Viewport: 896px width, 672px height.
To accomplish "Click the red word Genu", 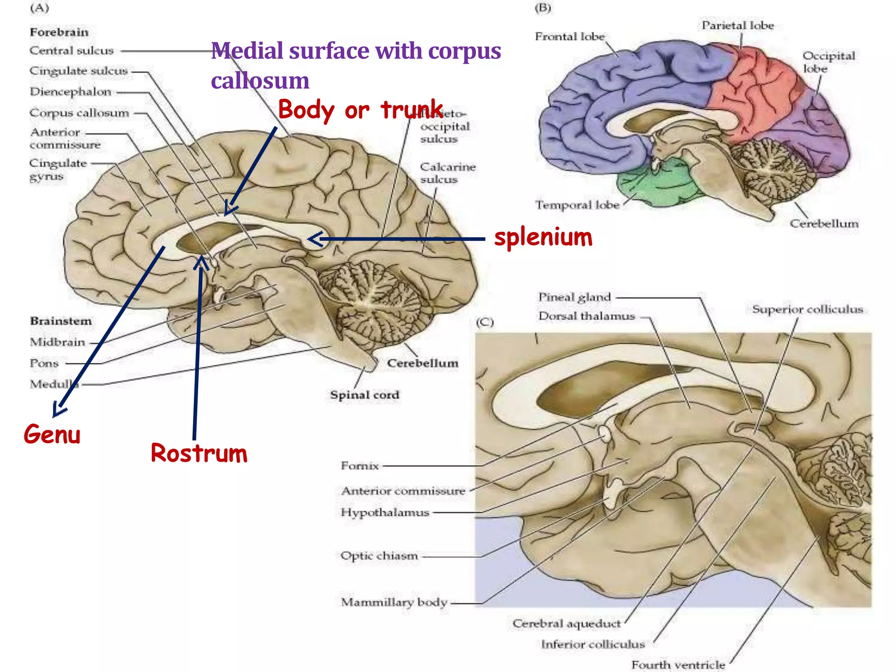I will pyautogui.click(x=52, y=434).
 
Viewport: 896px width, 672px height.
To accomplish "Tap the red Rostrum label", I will pyautogui.click(x=199, y=453).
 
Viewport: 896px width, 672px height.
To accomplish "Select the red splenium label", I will pyautogui.click(x=543, y=238).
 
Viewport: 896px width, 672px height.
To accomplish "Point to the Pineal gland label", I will pyautogui.click(x=574, y=297).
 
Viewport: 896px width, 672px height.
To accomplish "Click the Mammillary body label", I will pyautogui.click(x=394, y=602).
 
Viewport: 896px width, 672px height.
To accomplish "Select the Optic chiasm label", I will pyautogui.click(x=379, y=556).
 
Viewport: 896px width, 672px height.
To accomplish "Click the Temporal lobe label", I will pyautogui.click(x=577, y=205).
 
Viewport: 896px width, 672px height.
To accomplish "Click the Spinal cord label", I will pyautogui.click(x=364, y=395).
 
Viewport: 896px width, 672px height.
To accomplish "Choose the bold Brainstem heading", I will pyautogui.click(x=61, y=321).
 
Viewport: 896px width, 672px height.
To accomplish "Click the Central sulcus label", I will pyautogui.click(x=71, y=51).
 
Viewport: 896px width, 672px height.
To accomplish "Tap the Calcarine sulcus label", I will pyautogui.click(x=447, y=173).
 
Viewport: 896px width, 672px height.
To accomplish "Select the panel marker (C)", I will pyautogui.click(x=485, y=322).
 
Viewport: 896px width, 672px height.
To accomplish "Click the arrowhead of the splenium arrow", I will pyautogui.click(x=311, y=239).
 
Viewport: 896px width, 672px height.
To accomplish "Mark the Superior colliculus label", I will pyautogui.click(x=807, y=309).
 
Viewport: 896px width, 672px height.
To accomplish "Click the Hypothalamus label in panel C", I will pyautogui.click(x=385, y=512).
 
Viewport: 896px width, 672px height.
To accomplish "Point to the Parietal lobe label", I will pyautogui.click(x=738, y=25).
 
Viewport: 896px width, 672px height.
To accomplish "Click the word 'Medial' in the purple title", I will pyautogui.click(x=247, y=51).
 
